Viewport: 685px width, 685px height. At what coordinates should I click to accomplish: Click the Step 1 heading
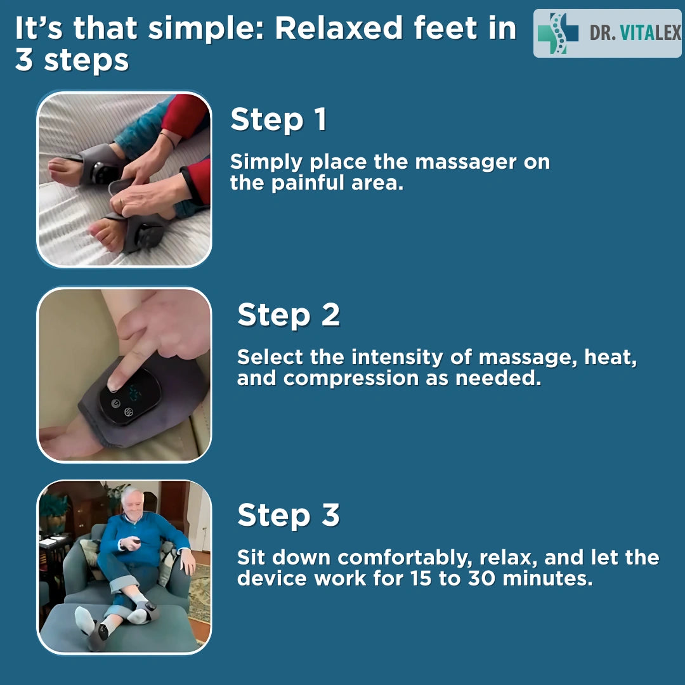(278, 120)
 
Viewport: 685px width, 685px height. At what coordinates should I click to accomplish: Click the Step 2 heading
(289, 315)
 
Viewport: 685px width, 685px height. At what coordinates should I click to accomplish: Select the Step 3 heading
(289, 515)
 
